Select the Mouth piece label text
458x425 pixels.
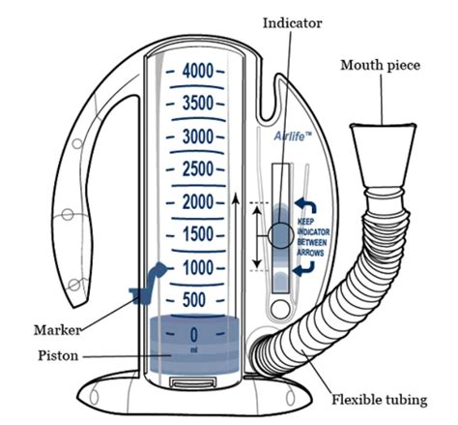378,65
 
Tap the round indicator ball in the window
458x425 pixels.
280,235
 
